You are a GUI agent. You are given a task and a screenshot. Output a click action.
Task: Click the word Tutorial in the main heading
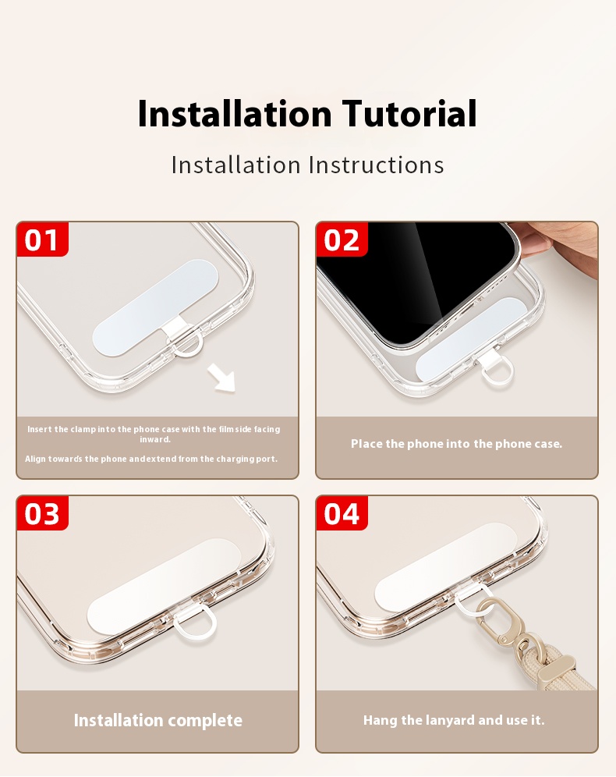pyautogui.click(x=409, y=114)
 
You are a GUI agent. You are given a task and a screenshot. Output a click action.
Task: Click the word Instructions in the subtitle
pyautogui.click(x=376, y=165)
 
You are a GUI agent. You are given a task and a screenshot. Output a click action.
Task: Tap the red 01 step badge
pyautogui.click(x=42, y=239)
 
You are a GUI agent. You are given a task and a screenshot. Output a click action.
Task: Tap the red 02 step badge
pyautogui.click(x=342, y=239)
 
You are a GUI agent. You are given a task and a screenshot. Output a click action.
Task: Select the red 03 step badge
pyautogui.click(x=42, y=513)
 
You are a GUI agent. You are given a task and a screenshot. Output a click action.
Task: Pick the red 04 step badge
pyautogui.click(x=342, y=513)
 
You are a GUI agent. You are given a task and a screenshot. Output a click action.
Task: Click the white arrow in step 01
pyautogui.click(x=221, y=378)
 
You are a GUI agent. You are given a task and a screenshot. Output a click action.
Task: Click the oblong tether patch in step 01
pyautogui.click(x=155, y=307)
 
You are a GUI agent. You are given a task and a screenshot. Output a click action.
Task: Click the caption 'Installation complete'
pyautogui.click(x=158, y=721)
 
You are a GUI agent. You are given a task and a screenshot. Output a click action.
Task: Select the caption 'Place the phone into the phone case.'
pyautogui.click(x=457, y=444)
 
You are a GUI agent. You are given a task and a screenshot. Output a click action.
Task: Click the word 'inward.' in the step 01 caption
pyautogui.click(x=155, y=439)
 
